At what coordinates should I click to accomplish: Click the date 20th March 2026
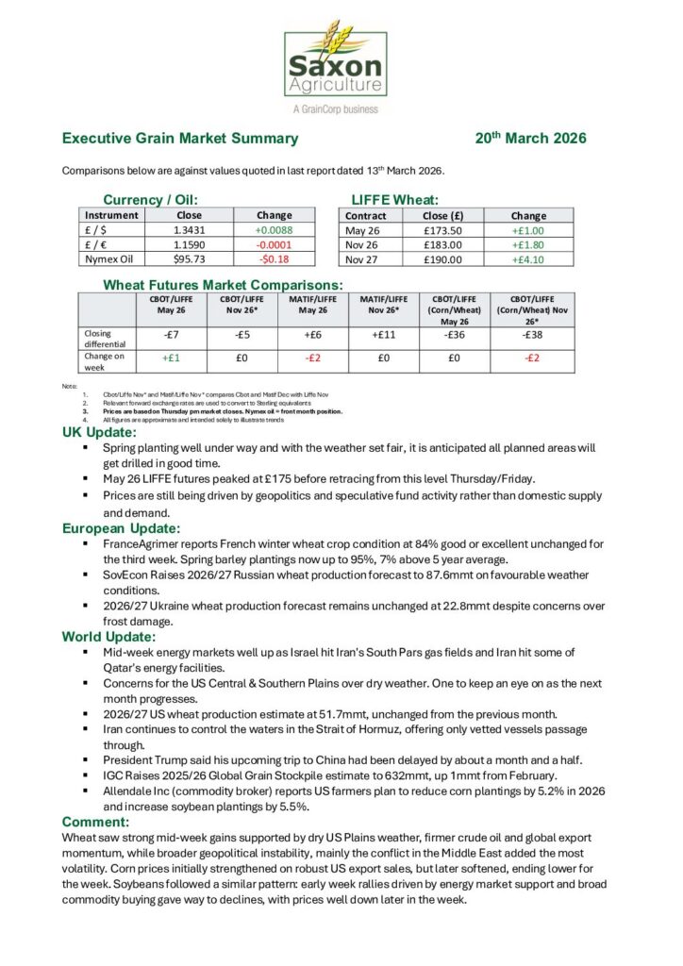click(x=531, y=138)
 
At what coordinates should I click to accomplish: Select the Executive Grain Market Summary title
click(x=179, y=138)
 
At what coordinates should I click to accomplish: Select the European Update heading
click(x=121, y=528)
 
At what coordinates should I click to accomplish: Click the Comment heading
click(x=95, y=822)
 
